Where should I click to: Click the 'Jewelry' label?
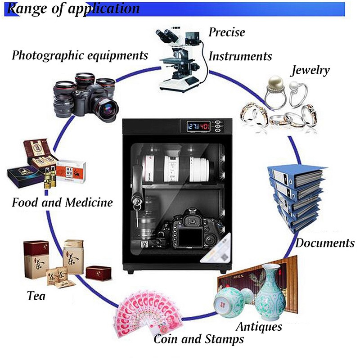pyautogui.click(x=310, y=71)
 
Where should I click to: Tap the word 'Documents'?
pyautogui.click(x=325, y=243)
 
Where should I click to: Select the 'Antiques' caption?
pyautogui.click(x=259, y=326)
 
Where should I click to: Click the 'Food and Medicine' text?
pyautogui.click(x=62, y=202)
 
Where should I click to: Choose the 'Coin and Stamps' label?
pyautogui.click(x=199, y=338)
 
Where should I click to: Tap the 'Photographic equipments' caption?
pyautogui.click(x=80, y=56)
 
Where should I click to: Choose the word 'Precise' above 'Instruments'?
pyautogui.click(x=227, y=32)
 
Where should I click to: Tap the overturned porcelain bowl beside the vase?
pyautogui.click(x=230, y=301)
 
